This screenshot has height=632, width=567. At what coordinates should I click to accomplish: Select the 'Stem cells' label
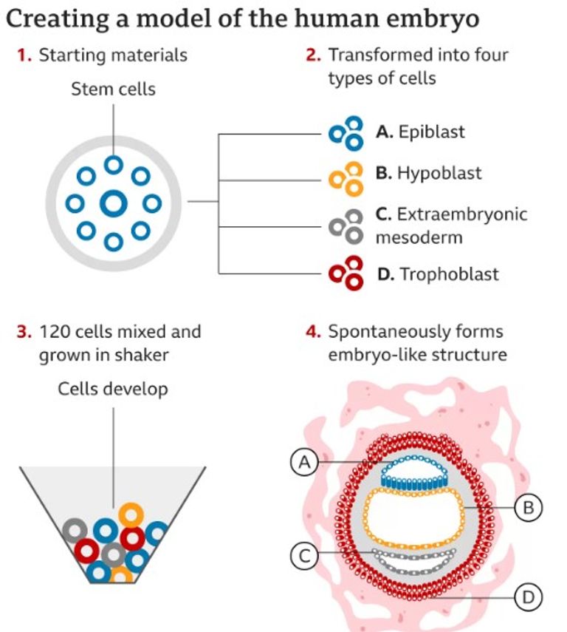pyautogui.click(x=113, y=89)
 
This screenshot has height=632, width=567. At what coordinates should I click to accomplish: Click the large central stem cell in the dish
pyautogui.click(x=113, y=203)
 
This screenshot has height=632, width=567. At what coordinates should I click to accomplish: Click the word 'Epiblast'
pyautogui.click(x=431, y=132)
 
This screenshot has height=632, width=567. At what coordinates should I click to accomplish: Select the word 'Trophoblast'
pyautogui.click(x=449, y=274)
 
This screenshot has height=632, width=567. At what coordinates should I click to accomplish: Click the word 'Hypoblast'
pyautogui.click(x=439, y=173)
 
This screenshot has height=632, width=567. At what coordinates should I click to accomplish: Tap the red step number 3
pyautogui.click(x=22, y=331)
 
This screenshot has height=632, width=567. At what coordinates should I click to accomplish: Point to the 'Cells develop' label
pyautogui.click(x=113, y=390)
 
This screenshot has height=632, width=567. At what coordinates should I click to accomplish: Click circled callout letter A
pyautogui.click(x=303, y=463)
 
